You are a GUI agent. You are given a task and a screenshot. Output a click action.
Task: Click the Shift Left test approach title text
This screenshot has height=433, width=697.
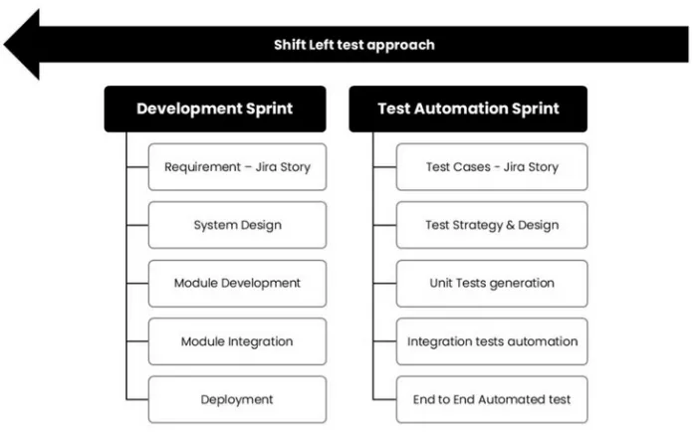tap(354, 45)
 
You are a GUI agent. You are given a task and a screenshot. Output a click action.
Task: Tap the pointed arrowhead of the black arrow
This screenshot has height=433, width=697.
tap(4, 45)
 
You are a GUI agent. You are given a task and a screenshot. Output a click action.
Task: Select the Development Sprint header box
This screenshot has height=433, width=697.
tap(215, 108)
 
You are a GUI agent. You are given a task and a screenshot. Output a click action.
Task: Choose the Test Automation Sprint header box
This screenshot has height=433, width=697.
tap(468, 108)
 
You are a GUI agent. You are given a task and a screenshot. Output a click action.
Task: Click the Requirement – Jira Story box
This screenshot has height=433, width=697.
tap(237, 167)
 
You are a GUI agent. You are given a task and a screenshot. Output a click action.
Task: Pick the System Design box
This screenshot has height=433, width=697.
tap(237, 225)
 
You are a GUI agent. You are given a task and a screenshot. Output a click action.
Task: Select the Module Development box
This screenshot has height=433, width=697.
tap(237, 283)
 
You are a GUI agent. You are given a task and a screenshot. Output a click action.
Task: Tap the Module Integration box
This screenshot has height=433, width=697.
tap(237, 341)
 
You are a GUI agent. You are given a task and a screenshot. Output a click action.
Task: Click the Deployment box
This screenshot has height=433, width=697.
tap(237, 400)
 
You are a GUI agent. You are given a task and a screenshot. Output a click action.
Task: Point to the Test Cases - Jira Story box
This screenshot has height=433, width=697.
tap(492, 167)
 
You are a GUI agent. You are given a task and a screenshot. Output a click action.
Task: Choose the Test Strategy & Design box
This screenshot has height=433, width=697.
tap(492, 225)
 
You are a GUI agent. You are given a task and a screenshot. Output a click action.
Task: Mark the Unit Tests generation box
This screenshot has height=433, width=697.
tap(492, 283)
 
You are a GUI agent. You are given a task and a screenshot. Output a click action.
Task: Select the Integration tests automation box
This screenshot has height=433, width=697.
tap(492, 341)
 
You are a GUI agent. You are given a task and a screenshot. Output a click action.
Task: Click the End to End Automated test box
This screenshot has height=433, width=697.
tap(492, 400)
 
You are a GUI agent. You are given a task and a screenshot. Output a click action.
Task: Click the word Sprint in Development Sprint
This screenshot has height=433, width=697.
tap(270, 109)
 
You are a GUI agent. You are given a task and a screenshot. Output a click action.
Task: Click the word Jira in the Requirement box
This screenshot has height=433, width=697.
tap(268, 167)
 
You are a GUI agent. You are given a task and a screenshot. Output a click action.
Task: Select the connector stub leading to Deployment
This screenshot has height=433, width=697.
tap(137, 400)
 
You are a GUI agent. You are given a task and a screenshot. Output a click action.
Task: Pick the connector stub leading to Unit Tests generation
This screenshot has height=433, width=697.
tap(384, 283)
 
